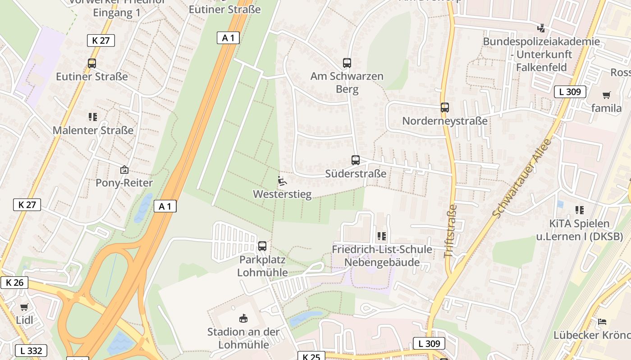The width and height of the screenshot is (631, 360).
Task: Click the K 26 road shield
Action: [14, 283]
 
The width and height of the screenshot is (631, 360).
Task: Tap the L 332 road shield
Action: [31, 351]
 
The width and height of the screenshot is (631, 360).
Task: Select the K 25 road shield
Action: [311, 357]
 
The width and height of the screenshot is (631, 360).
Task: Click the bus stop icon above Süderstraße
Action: [356, 160]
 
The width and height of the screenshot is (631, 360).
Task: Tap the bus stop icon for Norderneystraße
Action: [445, 108]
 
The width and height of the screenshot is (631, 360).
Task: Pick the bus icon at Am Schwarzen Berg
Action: [347, 63]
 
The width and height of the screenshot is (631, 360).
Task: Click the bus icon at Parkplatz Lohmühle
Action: [262, 246]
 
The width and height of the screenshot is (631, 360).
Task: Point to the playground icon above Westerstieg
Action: [282, 181]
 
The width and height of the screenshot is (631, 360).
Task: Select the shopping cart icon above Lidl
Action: [24, 307]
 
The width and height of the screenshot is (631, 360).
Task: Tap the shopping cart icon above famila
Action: [606, 95]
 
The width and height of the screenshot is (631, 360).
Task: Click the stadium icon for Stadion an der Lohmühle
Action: [243, 318]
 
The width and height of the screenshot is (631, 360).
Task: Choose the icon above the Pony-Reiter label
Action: [124, 170]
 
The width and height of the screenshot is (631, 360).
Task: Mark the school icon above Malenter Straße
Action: [93, 117]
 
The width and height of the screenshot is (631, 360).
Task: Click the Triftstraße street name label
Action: [451, 231]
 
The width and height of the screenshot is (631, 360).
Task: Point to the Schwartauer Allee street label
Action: [522, 178]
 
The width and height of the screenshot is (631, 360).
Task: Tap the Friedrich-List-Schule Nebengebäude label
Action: [382, 256]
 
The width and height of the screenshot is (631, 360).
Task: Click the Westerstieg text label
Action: [282, 194]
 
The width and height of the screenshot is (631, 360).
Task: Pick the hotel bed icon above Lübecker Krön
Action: [602, 322]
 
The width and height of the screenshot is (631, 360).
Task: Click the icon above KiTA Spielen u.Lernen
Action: [579, 210]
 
